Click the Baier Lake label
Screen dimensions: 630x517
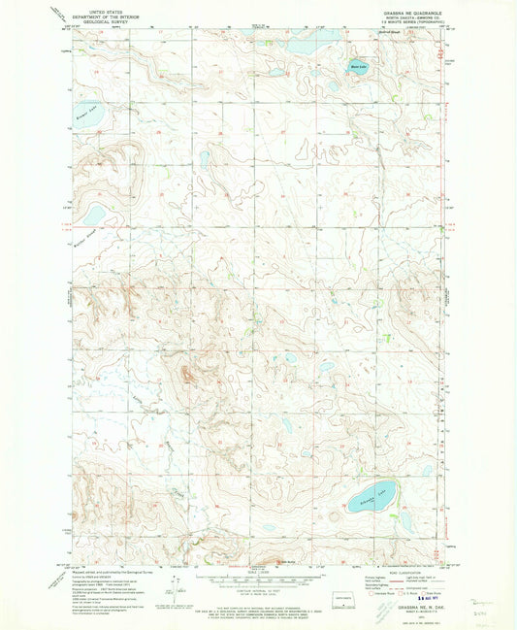pyautogui.click(x=356, y=67)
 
